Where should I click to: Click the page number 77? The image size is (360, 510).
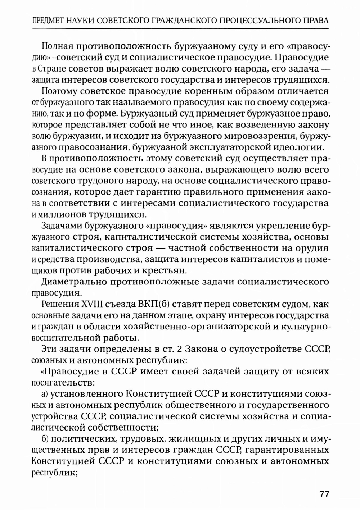(x=324, y=493)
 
